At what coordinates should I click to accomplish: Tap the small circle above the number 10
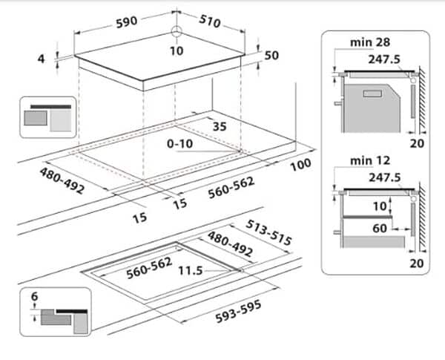pos(176,31)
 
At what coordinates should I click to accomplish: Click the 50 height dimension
pos(272,56)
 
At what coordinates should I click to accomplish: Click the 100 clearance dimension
pos(300,165)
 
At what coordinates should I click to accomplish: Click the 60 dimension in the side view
pos(379,229)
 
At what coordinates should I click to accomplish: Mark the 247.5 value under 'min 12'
pos(383,177)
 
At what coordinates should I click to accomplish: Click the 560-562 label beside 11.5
pos(148,266)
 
